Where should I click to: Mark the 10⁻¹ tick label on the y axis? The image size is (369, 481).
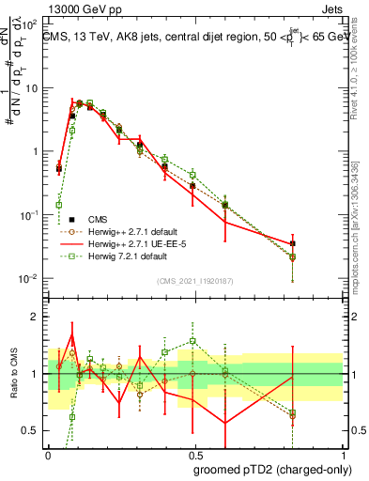(x=31, y=215)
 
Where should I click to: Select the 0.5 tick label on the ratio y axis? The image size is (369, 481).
(x=33, y=430)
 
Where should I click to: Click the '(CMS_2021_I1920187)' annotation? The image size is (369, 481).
(x=194, y=280)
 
